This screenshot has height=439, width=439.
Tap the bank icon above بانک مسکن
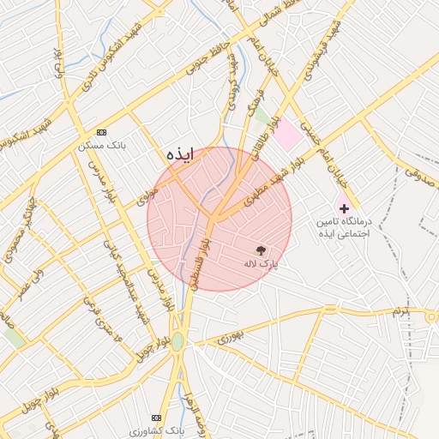coord(102,132)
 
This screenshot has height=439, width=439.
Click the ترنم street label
coord(401,311)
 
